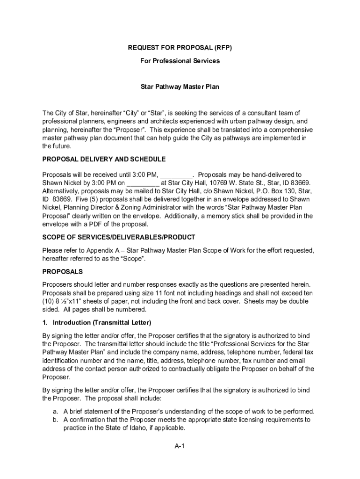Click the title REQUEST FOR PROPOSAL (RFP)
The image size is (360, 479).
(180, 47)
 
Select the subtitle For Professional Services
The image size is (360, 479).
(180, 61)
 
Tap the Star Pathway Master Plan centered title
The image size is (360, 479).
(180, 87)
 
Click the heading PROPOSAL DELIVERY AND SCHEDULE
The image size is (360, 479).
(104, 159)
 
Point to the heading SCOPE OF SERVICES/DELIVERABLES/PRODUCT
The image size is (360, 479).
(119, 237)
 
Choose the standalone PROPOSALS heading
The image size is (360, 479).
(63, 271)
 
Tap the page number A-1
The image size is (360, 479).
(180, 446)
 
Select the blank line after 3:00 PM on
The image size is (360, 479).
(143, 183)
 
